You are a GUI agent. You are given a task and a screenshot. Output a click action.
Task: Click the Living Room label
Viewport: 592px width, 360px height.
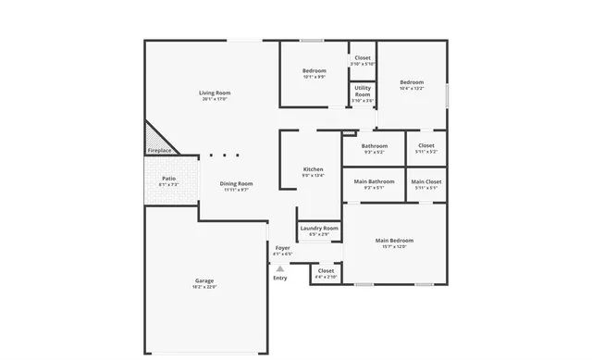(x=215, y=93)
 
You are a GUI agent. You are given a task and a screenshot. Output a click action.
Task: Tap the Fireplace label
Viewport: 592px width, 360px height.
(x=159, y=150)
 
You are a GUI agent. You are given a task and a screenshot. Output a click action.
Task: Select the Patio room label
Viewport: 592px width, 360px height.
(x=168, y=179)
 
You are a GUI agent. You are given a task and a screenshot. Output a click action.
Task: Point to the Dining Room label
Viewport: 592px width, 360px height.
(x=236, y=183)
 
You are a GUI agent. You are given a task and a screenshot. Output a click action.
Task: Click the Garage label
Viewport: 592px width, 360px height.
(x=204, y=280)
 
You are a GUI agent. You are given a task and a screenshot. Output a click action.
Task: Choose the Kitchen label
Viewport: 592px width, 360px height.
(x=314, y=169)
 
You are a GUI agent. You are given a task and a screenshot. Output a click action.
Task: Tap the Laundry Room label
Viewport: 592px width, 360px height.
(x=318, y=228)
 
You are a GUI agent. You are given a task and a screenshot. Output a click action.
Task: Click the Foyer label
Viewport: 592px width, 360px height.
(x=282, y=248)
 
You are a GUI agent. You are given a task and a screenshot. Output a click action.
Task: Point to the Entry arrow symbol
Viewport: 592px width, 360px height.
(x=279, y=268)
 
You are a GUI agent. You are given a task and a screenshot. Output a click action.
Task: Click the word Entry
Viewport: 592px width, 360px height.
(x=279, y=278)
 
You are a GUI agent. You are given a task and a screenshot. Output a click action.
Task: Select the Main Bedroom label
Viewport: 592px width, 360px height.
(x=394, y=241)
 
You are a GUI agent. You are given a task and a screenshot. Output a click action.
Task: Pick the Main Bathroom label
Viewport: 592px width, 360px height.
(x=374, y=181)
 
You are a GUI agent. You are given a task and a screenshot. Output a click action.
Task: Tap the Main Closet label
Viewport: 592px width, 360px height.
(x=426, y=181)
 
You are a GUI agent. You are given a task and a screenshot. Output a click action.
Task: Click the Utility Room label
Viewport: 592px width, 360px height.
(x=363, y=92)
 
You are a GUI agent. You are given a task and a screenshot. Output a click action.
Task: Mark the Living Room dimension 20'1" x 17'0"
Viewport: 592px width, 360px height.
(x=215, y=99)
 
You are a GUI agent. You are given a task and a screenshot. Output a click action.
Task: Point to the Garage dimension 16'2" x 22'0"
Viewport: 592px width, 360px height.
(x=204, y=287)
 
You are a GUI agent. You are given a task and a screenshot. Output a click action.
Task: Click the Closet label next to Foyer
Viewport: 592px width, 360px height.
(x=326, y=270)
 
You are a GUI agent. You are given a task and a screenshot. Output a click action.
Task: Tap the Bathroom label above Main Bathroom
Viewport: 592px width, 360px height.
(x=375, y=145)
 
